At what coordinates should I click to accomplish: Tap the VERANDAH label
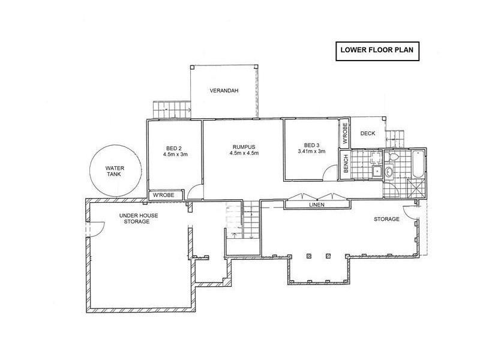[x=224, y=91]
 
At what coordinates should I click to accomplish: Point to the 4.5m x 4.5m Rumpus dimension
[x=243, y=153]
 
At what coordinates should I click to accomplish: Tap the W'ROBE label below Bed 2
[x=163, y=196]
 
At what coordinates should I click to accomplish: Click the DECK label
[x=367, y=133]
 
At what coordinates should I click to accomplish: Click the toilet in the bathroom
[x=393, y=157]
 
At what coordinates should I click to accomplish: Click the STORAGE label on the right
[x=386, y=220]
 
